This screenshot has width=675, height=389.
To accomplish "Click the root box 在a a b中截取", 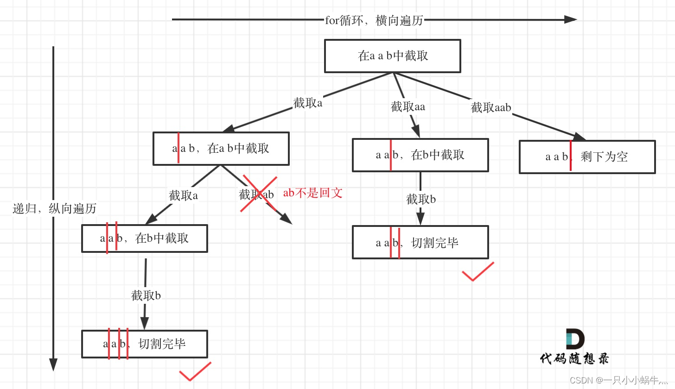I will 392,56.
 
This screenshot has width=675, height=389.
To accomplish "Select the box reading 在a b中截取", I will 221,149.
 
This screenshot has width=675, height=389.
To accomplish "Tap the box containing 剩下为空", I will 587,157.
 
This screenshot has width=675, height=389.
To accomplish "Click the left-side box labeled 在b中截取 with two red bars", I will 145,238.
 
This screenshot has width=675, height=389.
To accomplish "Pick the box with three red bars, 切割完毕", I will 145,344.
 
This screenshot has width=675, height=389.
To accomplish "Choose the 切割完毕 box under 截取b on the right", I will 420,242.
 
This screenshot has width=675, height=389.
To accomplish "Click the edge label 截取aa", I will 408,107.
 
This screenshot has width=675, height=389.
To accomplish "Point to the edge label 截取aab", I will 490,108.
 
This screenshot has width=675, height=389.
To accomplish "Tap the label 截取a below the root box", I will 307,103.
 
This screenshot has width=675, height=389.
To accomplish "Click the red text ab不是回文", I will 312,193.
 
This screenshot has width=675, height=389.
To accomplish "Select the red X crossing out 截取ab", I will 258,194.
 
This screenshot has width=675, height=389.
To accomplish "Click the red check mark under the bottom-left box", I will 195,372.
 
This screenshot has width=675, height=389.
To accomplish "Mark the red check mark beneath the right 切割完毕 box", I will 478,272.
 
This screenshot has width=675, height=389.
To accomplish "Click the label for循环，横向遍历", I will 374,20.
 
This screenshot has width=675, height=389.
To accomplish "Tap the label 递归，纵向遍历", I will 54,208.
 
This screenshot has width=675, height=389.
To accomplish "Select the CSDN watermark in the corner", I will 621,380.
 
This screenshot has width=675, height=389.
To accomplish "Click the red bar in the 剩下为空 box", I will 570,156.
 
